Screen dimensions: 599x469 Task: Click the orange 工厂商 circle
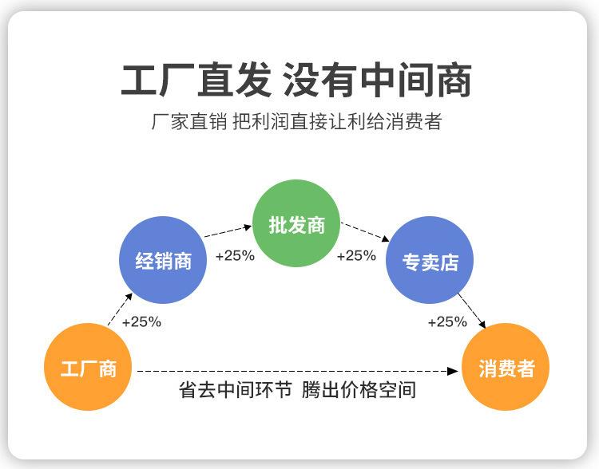(x=88, y=367)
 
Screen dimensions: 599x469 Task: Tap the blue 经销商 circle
(x=163, y=260)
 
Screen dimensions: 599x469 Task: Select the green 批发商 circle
(x=296, y=223)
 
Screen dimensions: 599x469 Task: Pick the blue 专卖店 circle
(x=430, y=260)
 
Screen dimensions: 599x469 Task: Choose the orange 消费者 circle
(x=506, y=367)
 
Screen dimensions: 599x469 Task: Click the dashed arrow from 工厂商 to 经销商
(x=120, y=309)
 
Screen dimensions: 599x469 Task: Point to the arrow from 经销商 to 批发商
(x=228, y=231)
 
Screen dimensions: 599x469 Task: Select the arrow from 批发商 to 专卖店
(x=365, y=232)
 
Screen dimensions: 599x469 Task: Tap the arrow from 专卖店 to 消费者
(x=472, y=310)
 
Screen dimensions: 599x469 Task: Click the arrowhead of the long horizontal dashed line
(x=453, y=371)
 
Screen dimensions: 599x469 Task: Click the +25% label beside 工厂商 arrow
(x=141, y=322)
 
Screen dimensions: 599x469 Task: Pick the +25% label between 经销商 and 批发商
(x=235, y=256)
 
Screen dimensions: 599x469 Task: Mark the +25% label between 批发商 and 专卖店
(x=356, y=256)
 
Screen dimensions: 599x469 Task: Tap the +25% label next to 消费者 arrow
(x=447, y=322)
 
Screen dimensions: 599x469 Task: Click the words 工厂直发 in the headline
(x=196, y=80)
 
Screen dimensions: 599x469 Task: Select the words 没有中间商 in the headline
(x=378, y=80)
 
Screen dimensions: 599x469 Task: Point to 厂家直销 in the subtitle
(x=189, y=122)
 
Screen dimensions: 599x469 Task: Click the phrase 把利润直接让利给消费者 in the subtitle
(x=337, y=122)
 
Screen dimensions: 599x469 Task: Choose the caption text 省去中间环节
(x=236, y=390)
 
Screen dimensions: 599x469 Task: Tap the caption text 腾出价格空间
(x=359, y=390)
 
